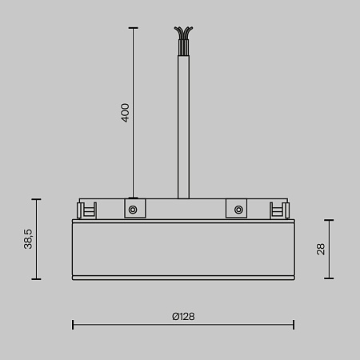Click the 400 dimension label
point(125,112)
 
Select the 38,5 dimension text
point(28,238)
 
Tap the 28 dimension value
point(321,249)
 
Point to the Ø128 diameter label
point(183,316)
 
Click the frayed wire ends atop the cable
point(183,36)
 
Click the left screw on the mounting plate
point(133,210)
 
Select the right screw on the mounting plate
point(238,210)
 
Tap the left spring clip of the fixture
point(86,210)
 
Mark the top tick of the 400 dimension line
point(133,28)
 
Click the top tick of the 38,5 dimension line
point(35,198)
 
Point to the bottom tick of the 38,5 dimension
point(35,279)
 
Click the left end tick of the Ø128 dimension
point(73,324)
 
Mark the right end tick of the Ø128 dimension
point(294,324)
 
